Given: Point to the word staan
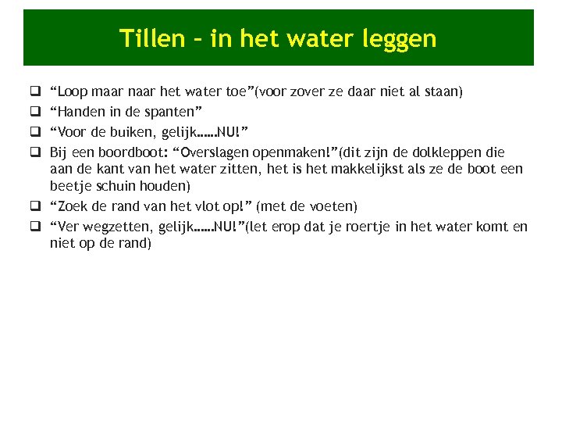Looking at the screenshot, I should coord(444,92).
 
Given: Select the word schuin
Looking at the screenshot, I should coord(123,187).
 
